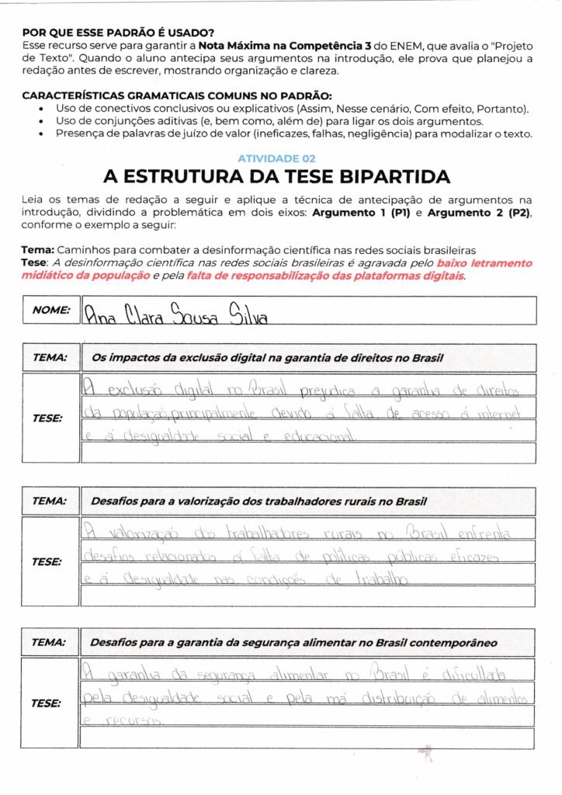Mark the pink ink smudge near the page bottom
click(425, 752)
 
